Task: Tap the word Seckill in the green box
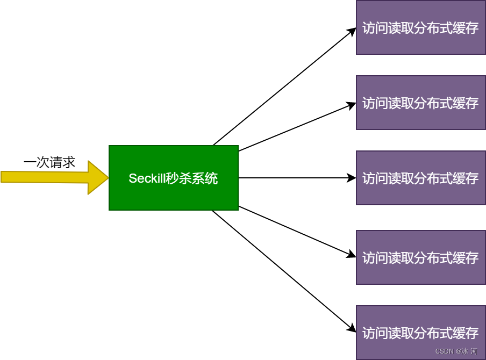tap(146, 178)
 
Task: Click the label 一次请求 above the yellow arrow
tap(49, 162)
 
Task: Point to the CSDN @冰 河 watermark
tap(456, 351)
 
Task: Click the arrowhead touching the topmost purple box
tap(352, 30)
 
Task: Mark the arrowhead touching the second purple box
tap(352, 104)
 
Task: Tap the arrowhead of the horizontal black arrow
tap(352, 178)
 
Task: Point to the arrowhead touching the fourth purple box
tap(352, 255)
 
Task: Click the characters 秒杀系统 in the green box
tap(192, 178)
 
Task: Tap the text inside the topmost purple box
tap(420, 28)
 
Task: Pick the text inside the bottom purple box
tap(420, 333)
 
